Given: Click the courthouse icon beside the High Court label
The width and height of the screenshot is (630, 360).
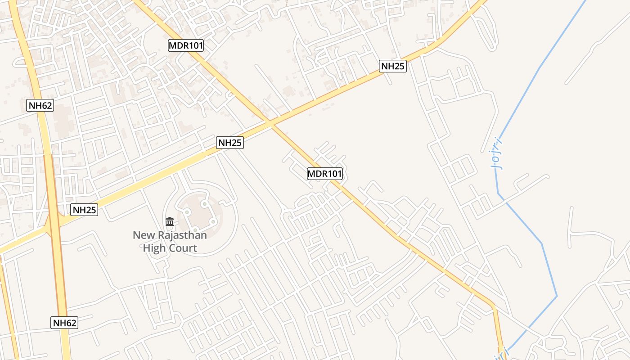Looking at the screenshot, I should (x=170, y=221).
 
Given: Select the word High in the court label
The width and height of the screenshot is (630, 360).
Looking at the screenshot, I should (x=153, y=248).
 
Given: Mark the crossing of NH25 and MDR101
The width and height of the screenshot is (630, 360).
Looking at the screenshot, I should (x=270, y=122).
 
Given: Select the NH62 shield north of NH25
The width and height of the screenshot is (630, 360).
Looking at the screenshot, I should (x=40, y=106).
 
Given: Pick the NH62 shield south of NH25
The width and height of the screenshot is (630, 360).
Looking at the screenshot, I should (x=65, y=323).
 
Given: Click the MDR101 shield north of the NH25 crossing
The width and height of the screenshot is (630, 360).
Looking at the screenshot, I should (x=186, y=45).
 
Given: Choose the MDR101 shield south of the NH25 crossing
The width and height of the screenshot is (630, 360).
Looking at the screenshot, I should (x=325, y=174).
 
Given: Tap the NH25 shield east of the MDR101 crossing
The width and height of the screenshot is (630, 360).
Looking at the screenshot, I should (x=393, y=66).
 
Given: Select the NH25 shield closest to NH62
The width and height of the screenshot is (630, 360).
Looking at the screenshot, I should (x=84, y=210).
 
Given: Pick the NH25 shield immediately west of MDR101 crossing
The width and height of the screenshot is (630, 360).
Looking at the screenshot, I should (x=230, y=143).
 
